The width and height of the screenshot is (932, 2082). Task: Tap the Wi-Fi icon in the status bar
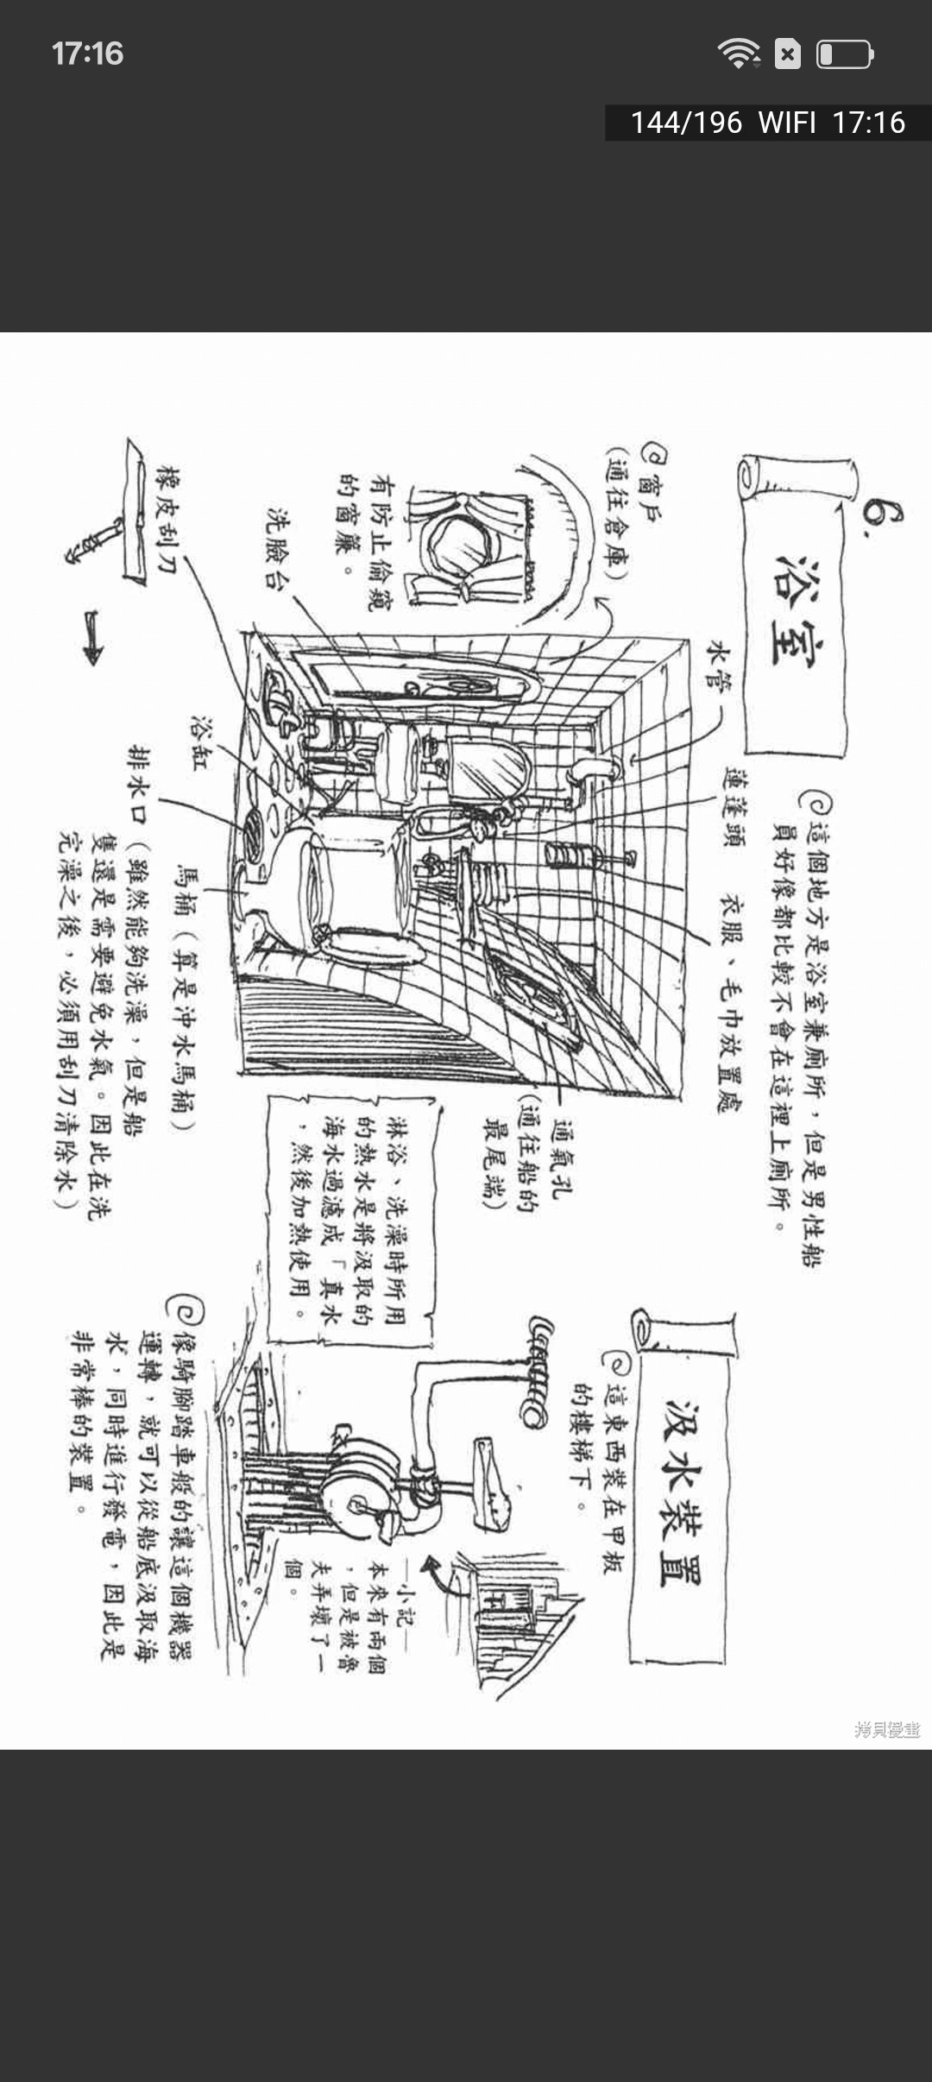coord(738,54)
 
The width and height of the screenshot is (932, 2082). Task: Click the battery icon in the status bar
coord(845,54)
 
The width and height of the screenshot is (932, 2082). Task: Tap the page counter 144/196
coord(686,123)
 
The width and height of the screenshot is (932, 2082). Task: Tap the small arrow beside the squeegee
coord(92,637)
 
